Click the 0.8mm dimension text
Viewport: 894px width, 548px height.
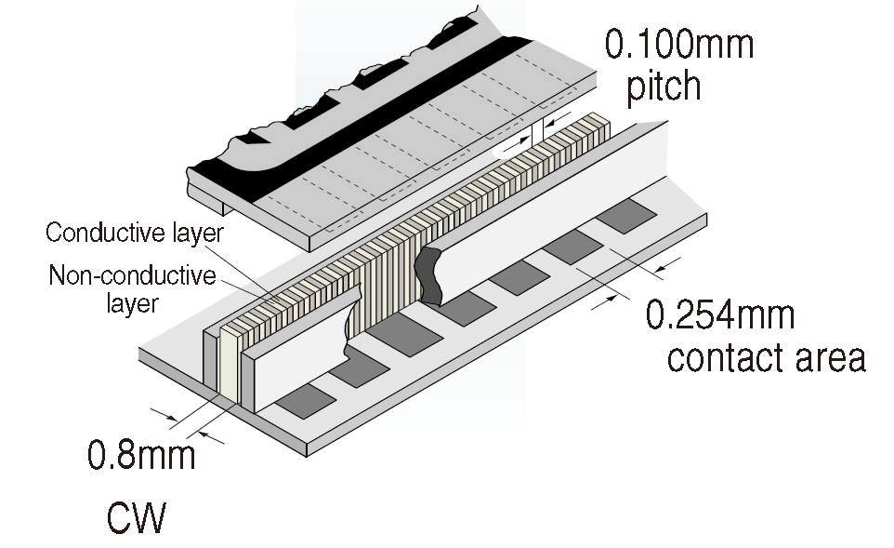click(140, 456)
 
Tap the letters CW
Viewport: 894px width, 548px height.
click(135, 518)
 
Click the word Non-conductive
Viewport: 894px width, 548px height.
click(132, 276)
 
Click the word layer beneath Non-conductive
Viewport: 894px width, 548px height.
click(131, 302)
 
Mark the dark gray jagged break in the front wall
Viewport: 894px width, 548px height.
click(429, 274)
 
